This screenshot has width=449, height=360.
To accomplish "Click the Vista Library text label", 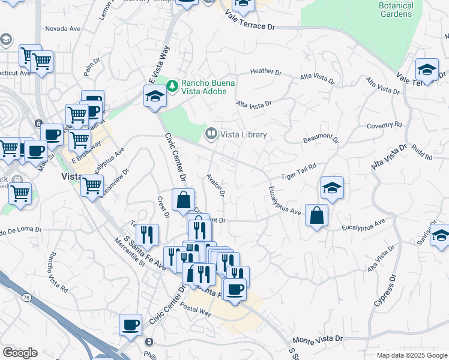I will click(244, 134).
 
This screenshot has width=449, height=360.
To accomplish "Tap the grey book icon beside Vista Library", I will click(211, 134).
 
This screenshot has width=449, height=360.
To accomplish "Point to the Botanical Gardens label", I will click(396, 10).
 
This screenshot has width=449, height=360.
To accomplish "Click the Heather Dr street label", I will click(266, 71).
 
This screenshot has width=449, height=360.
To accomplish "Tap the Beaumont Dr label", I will click(321, 139).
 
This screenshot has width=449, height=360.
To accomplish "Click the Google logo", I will click(20, 353).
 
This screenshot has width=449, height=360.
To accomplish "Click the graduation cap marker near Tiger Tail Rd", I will click(332, 188).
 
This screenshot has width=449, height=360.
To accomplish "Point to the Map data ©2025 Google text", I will click(411, 355).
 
